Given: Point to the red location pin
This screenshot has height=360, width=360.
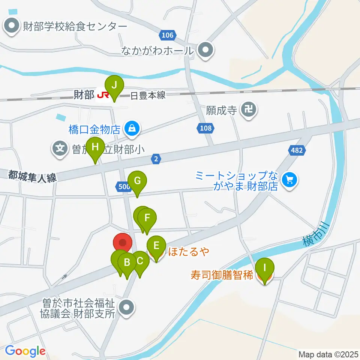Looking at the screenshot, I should click(123, 243).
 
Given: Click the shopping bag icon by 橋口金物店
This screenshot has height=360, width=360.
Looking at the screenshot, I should click(132, 129).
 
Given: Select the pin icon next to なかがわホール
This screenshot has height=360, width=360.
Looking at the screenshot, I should click(205, 50).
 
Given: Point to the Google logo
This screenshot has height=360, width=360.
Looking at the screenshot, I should click(25, 351).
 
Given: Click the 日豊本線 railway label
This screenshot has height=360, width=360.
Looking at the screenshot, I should click(148, 96).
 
